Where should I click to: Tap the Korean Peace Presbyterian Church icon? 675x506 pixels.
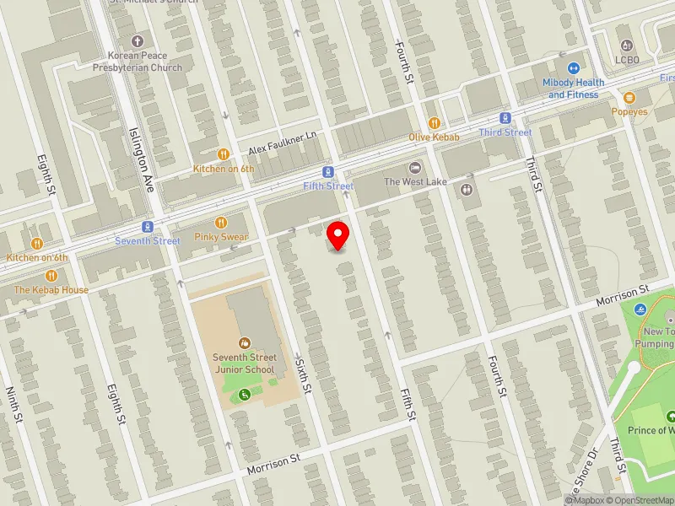tap(138, 40)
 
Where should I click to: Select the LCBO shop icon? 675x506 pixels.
tap(625, 45)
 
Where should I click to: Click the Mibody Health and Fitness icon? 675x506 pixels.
tap(574, 69)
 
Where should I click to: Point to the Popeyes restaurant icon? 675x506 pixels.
tap(629, 98)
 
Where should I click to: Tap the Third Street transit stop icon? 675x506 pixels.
tap(505, 118)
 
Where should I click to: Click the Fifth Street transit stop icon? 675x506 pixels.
tap(327, 171)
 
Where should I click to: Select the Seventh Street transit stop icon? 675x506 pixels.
tap(148, 227)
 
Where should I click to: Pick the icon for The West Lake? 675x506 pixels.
tap(415, 168)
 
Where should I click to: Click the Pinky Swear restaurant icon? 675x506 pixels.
tap(221, 223)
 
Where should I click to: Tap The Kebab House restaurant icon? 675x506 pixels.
tap(51, 276)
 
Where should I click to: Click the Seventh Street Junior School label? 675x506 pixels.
tap(244, 363)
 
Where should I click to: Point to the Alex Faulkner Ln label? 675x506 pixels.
tap(282, 143)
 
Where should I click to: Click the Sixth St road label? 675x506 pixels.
tap(303, 377)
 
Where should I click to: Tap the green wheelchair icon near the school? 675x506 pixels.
tap(245, 394)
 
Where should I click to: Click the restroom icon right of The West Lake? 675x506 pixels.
tap(467, 189)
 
